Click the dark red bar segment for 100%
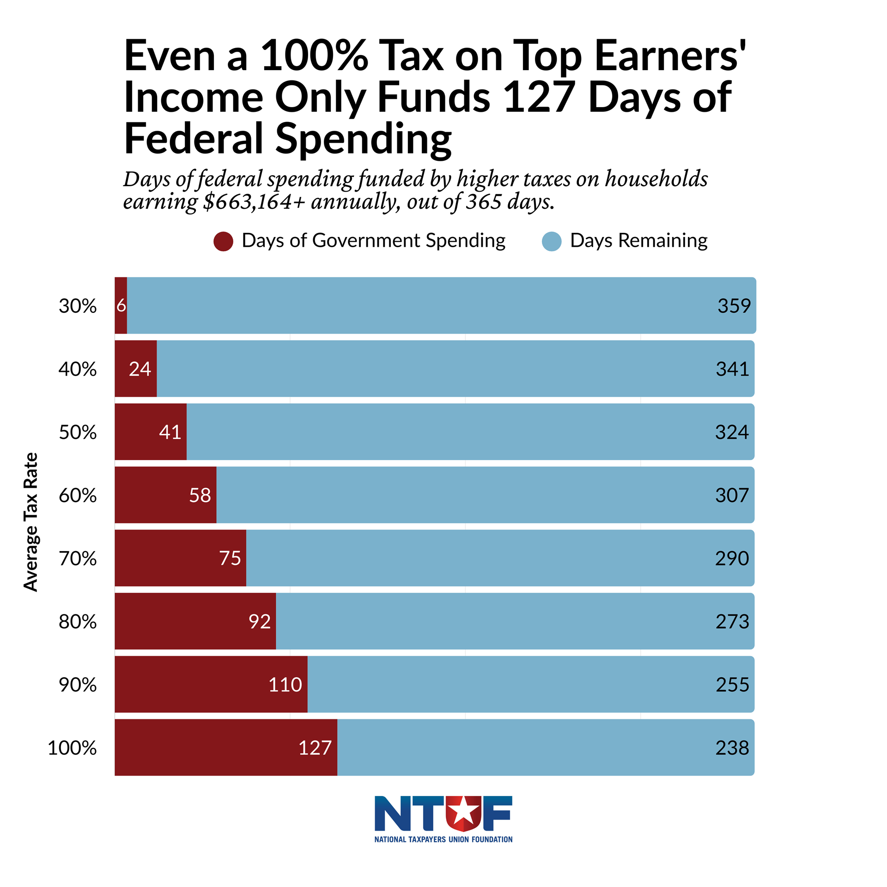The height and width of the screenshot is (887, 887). click(203, 747)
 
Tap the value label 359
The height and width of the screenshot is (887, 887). click(734, 306)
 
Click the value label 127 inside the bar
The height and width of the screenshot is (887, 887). click(315, 748)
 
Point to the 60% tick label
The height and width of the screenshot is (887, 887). click(78, 496)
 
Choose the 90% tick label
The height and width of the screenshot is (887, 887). click(78, 685)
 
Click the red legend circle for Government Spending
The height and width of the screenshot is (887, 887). click(223, 241)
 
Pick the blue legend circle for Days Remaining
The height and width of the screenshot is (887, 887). click(552, 241)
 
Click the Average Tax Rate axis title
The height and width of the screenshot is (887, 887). click(30, 522)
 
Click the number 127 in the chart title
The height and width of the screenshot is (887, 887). click(539, 97)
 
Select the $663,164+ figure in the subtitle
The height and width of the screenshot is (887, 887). click(254, 202)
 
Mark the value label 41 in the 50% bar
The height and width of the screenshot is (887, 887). click(170, 432)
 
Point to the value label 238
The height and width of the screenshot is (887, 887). click(732, 748)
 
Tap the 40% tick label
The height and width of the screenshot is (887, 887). click(78, 369)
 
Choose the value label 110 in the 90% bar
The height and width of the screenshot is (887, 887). click(285, 685)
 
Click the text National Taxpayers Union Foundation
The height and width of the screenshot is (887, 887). click(443, 839)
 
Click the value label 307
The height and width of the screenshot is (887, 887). click(732, 496)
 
